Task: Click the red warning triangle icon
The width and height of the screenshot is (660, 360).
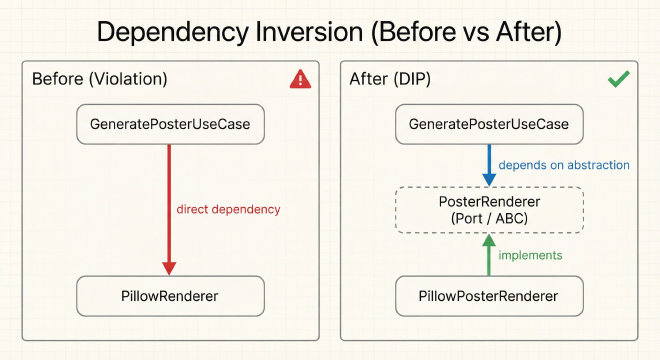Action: coord(300,79)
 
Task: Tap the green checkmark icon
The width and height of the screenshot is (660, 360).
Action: coord(618,79)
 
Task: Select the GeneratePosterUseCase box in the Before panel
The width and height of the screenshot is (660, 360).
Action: coord(171,125)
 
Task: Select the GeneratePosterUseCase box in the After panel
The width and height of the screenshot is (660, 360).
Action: coord(489,125)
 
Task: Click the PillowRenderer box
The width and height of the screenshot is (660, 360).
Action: coord(171,296)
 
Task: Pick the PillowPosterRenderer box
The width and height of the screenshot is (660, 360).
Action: coord(489,296)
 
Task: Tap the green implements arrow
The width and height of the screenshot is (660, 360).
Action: coord(489,256)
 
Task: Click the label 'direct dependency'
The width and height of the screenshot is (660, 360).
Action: coord(228,210)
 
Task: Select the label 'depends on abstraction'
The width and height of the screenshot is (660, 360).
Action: coord(565,165)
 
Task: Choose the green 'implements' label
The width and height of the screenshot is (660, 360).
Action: coord(531,255)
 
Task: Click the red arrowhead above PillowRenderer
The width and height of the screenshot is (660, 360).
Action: coord(170,268)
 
